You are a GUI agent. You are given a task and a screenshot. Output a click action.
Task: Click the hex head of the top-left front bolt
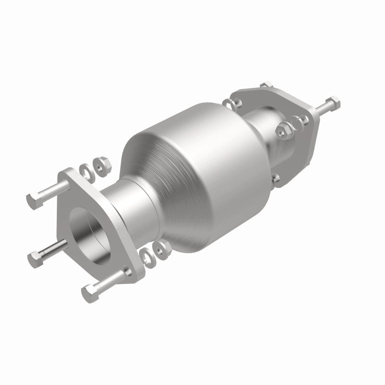click(x=33, y=201)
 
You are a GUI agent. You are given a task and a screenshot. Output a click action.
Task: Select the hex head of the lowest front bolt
click(x=90, y=292)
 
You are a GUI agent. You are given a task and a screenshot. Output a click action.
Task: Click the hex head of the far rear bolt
click(x=333, y=102)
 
